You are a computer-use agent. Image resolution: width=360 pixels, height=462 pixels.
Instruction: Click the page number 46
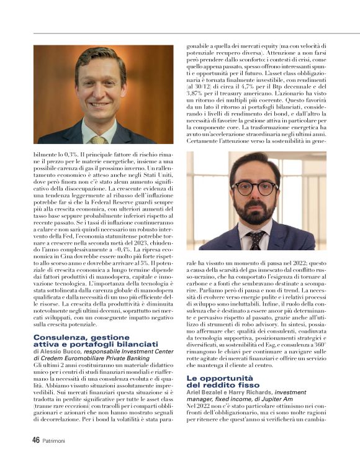click(37, 440)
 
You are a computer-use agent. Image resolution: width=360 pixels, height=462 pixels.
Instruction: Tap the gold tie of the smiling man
click(98, 139)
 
